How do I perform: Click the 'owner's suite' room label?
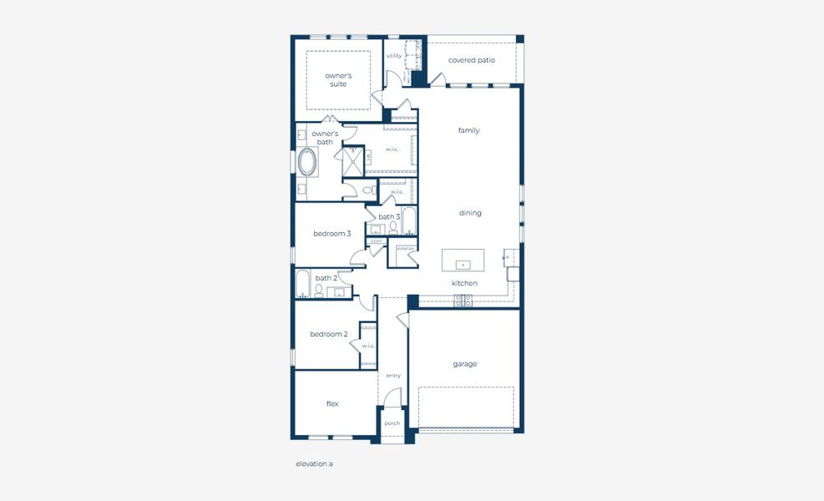338,80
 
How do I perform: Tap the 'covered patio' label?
471,60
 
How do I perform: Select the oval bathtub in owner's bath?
307,162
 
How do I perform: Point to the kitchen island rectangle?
463,260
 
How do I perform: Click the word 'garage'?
465,364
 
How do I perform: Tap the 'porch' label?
392,423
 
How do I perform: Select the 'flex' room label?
332,403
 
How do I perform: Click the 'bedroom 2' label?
328,334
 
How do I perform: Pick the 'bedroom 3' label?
331,234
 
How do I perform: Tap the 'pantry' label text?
405,249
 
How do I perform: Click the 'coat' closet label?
376,241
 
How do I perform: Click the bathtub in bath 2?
303,286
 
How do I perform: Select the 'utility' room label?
394,56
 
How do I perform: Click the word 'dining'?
470,213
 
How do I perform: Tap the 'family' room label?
469,130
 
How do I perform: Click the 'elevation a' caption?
314,463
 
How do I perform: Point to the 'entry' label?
393,376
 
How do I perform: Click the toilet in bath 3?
393,227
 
